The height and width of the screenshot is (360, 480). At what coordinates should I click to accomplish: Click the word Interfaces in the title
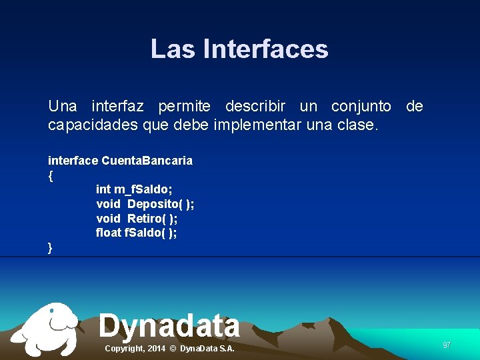point(265,49)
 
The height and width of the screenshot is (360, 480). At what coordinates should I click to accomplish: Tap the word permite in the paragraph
point(184,107)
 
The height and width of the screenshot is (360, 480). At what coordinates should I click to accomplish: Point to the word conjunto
point(361,107)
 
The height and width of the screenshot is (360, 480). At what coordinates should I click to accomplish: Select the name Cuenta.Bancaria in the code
point(147,161)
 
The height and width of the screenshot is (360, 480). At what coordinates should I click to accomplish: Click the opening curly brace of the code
point(51,176)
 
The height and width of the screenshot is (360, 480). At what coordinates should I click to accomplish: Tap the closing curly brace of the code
point(51,248)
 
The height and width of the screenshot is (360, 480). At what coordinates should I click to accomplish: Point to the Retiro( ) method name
point(152,219)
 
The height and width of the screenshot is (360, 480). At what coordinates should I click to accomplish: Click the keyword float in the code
point(109,233)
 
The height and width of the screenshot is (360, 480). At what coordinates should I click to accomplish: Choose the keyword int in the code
point(103,190)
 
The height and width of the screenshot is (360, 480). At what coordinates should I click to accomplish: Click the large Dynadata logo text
point(169,326)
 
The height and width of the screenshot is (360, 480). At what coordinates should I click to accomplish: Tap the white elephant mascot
point(47,329)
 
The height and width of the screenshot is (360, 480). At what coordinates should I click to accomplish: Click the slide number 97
point(447,345)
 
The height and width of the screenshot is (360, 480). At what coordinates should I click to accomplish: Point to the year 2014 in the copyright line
point(157,349)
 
